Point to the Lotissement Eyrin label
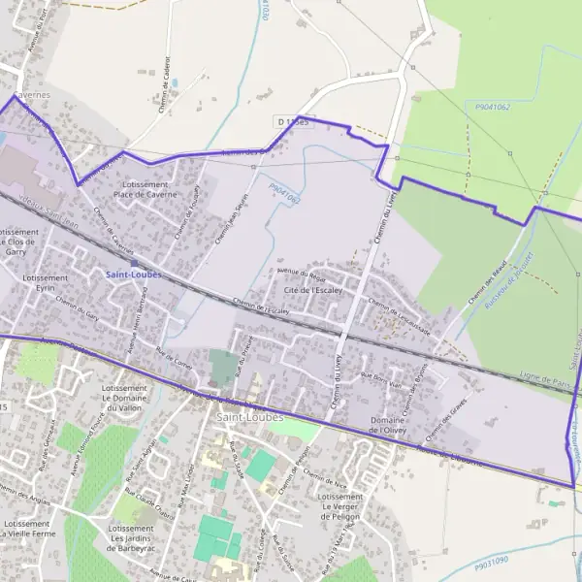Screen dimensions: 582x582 coord(45,283)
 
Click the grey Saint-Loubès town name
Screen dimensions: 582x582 coord(249,417)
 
